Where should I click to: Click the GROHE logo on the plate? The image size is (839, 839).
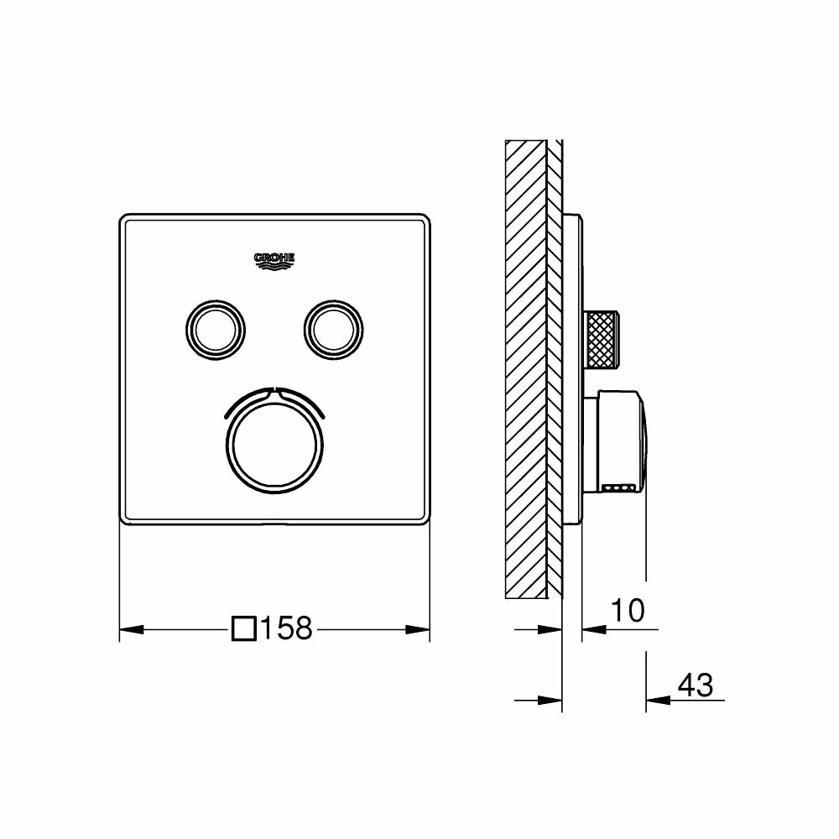point(274,261)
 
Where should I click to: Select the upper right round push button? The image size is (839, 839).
point(335,326)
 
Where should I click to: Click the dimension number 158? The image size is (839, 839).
point(286,628)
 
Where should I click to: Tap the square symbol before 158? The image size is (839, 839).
point(243,628)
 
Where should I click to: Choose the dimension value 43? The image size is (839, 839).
point(695,685)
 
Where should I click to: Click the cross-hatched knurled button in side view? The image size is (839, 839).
point(602,338)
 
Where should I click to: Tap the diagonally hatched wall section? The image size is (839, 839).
point(525,369)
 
